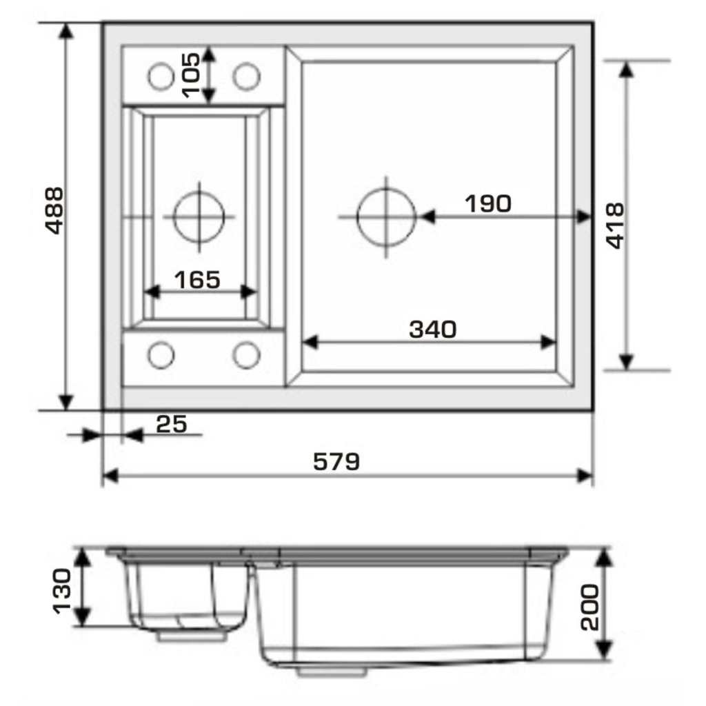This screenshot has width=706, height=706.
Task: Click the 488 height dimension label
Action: pos(55,211)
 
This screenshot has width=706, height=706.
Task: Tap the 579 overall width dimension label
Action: pos(336,461)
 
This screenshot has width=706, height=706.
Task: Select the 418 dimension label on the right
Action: pos(615,225)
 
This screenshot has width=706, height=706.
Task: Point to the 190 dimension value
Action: pos(488,203)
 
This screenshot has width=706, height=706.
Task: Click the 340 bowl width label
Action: pos(433,329)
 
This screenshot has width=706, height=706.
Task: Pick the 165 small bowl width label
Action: pos(197,280)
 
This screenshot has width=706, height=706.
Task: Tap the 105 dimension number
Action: pos(191,75)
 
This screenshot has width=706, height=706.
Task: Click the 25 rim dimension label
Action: pos(171,424)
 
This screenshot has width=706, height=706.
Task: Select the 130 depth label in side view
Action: pos(62,591)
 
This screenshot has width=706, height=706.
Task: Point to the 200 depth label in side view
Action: pos(591,607)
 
